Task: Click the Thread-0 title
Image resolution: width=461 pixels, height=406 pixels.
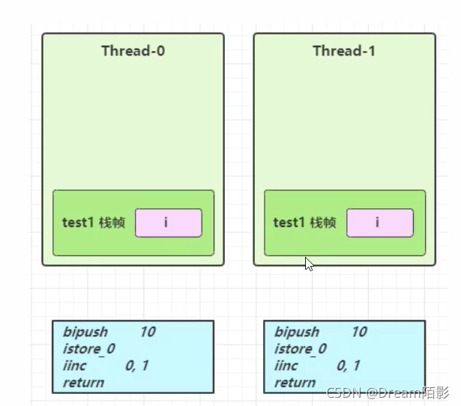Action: [133, 51]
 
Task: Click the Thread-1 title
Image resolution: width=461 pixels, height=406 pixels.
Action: [344, 51]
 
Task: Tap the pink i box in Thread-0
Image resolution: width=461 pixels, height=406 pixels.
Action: [169, 222]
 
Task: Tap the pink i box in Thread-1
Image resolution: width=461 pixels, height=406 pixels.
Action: [380, 222]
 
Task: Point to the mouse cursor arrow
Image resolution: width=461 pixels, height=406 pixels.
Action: [309, 264]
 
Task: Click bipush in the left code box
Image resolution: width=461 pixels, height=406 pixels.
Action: [85, 333]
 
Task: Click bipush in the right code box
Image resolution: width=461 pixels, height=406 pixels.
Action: [297, 333]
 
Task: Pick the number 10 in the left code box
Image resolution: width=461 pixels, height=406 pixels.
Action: [148, 332]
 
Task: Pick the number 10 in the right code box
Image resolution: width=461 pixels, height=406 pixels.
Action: [359, 332]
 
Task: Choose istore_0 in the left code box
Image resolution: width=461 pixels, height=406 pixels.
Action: [88, 349]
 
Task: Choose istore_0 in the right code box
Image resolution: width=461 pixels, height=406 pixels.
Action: [300, 349]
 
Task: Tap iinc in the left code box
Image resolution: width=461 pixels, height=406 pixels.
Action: [74, 366]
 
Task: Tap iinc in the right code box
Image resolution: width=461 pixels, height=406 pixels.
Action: [286, 366]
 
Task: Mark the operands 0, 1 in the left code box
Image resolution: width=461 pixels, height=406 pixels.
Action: [137, 366]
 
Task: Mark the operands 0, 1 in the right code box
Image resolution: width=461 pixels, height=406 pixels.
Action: [349, 366]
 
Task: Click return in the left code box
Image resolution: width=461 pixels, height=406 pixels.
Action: [83, 383]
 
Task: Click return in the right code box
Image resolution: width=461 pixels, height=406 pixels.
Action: [295, 383]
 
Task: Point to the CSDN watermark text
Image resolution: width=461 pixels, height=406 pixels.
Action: [388, 393]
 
